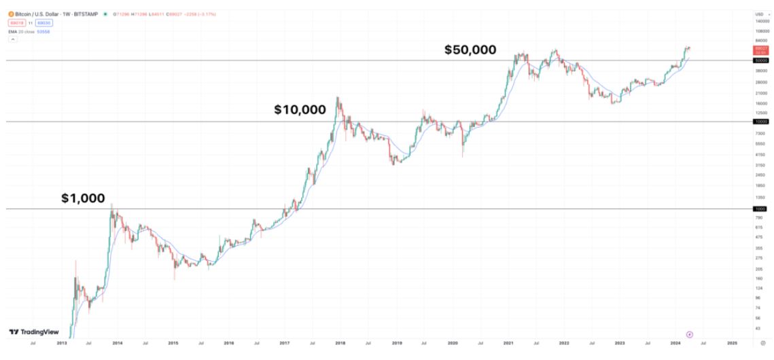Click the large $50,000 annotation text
coord(470,50)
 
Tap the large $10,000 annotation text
coord(300,109)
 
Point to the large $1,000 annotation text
coord(83,198)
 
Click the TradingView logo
coord(33,332)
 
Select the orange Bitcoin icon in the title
coord(11,14)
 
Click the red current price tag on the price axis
coord(760,50)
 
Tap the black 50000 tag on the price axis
coord(760,60)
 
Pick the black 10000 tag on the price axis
coord(760,122)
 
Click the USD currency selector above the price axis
coord(758,14)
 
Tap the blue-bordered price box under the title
coord(44,23)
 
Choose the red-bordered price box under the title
coord(16,23)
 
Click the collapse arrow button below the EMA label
coord(12,40)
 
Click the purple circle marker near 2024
coord(690,334)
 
